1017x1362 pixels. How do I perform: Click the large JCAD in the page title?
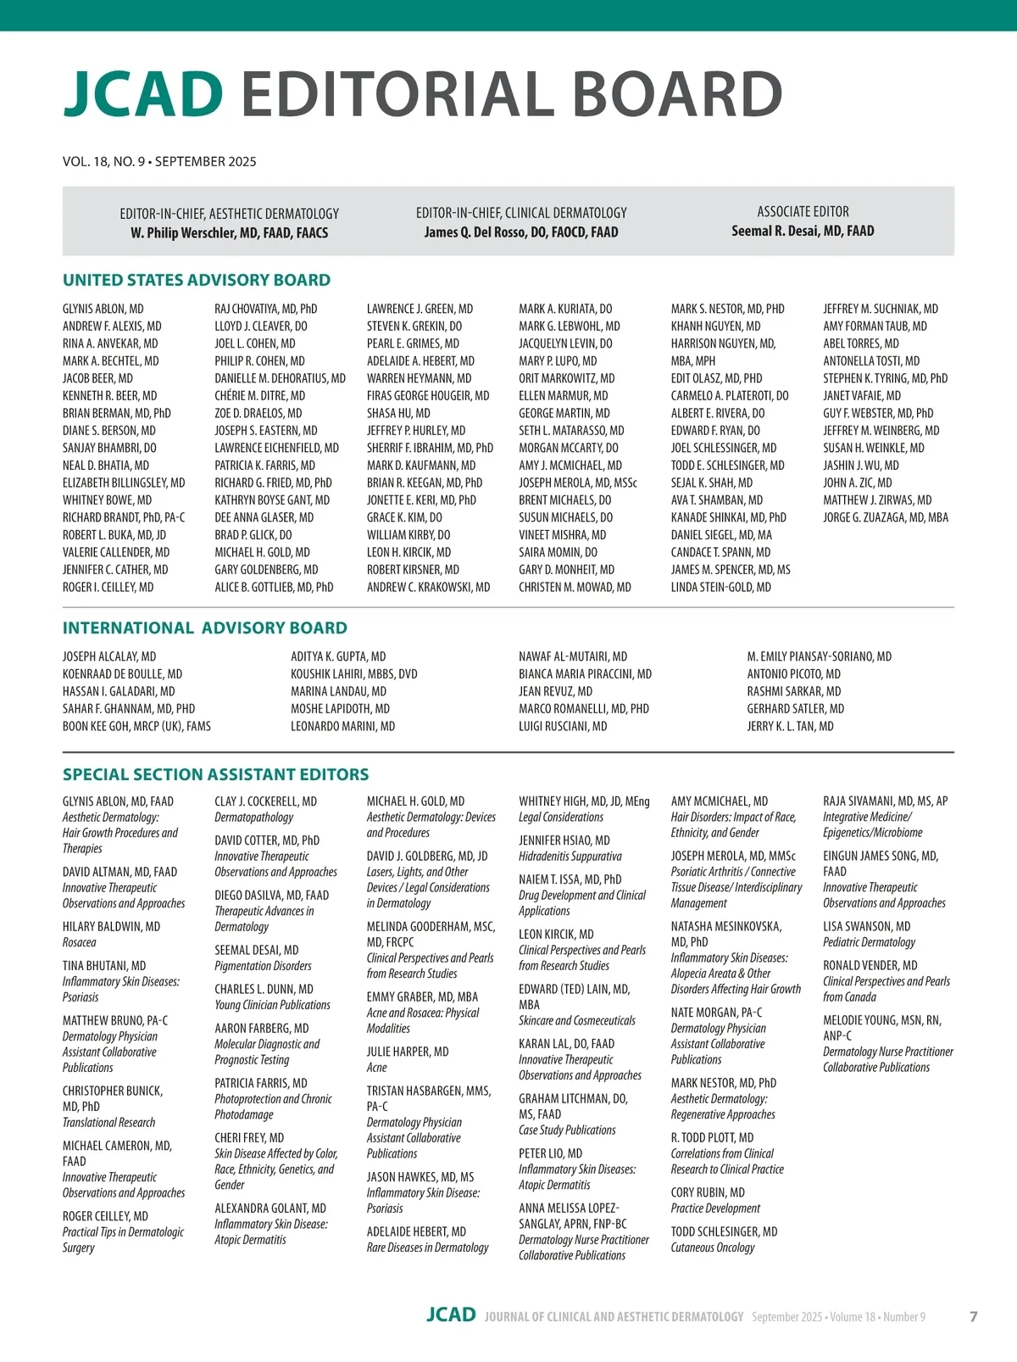click(143, 93)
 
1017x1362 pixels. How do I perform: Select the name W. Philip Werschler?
click(229, 232)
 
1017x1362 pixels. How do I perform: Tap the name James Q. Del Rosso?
click(520, 232)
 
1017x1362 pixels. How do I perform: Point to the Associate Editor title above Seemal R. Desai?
click(803, 211)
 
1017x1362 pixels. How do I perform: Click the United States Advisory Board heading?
click(197, 280)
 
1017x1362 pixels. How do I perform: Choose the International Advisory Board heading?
click(204, 628)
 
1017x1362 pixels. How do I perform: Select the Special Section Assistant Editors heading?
click(215, 774)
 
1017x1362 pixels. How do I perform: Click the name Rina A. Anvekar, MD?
click(110, 343)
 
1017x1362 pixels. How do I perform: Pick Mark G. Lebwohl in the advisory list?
click(569, 326)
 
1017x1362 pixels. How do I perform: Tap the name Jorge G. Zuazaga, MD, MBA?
click(886, 517)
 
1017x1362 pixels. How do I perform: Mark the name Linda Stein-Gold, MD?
click(720, 587)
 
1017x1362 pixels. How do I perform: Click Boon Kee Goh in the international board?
click(136, 726)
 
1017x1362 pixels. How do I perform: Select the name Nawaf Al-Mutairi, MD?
click(573, 656)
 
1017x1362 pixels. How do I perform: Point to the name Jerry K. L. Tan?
click(790, 726)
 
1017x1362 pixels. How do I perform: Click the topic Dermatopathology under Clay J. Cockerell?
click(253, 818)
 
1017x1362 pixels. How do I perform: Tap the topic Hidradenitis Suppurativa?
click(570, 857)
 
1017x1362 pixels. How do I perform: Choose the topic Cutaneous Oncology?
click(712, 1248)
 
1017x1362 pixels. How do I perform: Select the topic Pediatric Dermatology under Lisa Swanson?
click(869, 942)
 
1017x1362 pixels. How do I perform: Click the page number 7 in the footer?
click(973, 1316)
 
